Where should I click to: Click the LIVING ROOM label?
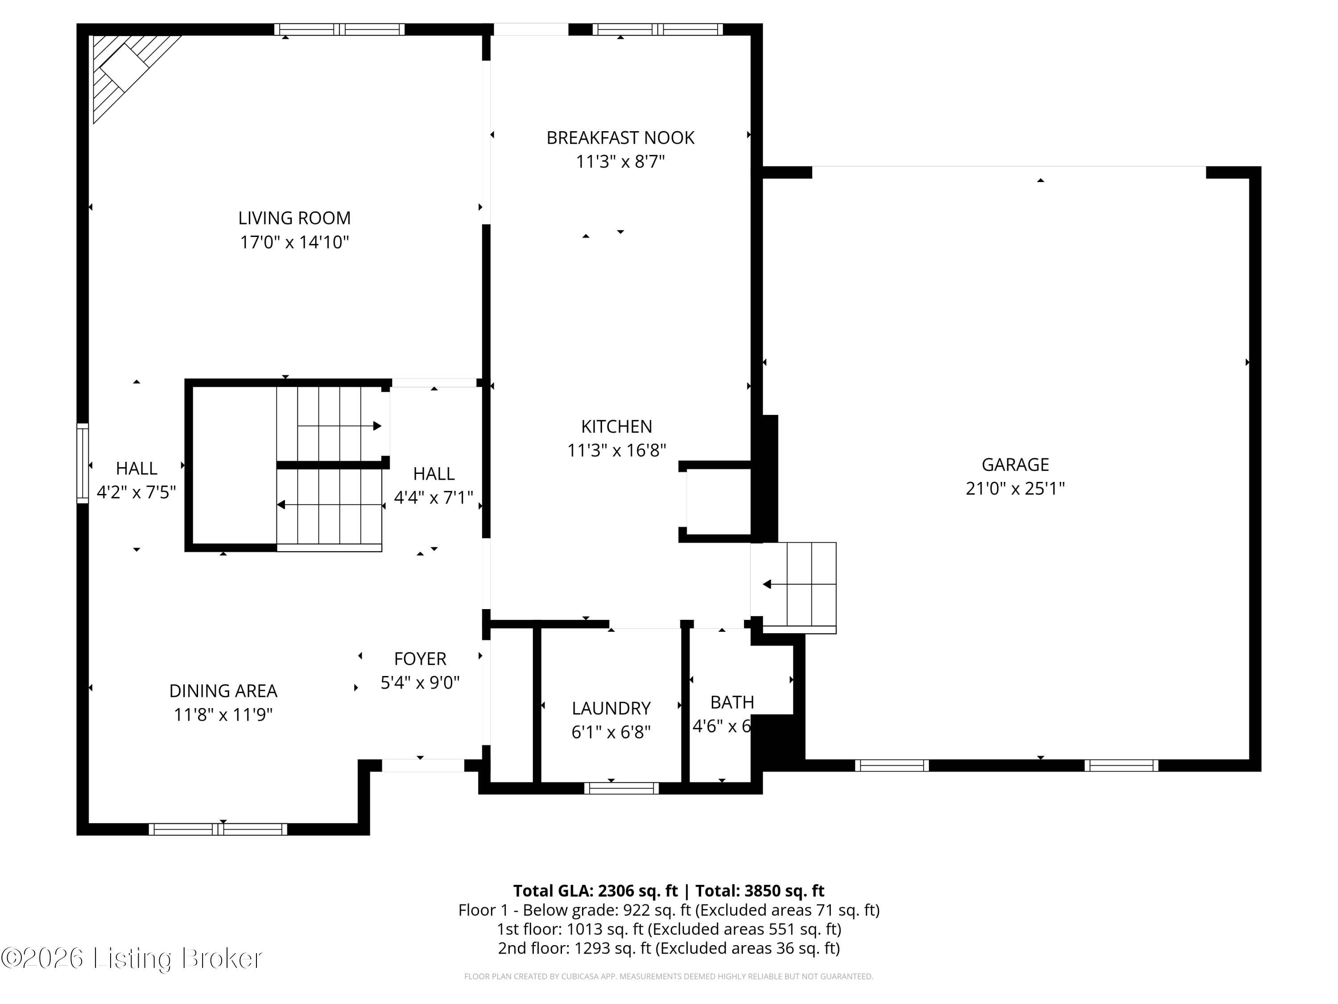(294, 218)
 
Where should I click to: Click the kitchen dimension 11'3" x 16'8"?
(616, 450)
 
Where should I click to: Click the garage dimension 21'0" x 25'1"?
(1015, 488)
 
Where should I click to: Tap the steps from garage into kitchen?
(798, 585)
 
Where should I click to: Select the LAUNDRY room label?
(611, 708)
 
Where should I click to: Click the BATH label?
(732, 702)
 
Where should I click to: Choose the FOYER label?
(420, 659)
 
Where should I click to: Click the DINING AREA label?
(223, 690)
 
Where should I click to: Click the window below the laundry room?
(621, 788)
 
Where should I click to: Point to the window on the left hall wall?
(82, 463)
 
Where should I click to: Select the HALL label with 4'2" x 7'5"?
(137, 469)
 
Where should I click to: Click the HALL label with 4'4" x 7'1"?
(434, 473)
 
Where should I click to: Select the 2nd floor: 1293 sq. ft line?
(669, 948)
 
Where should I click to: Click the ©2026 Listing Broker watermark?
(132, 958)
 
